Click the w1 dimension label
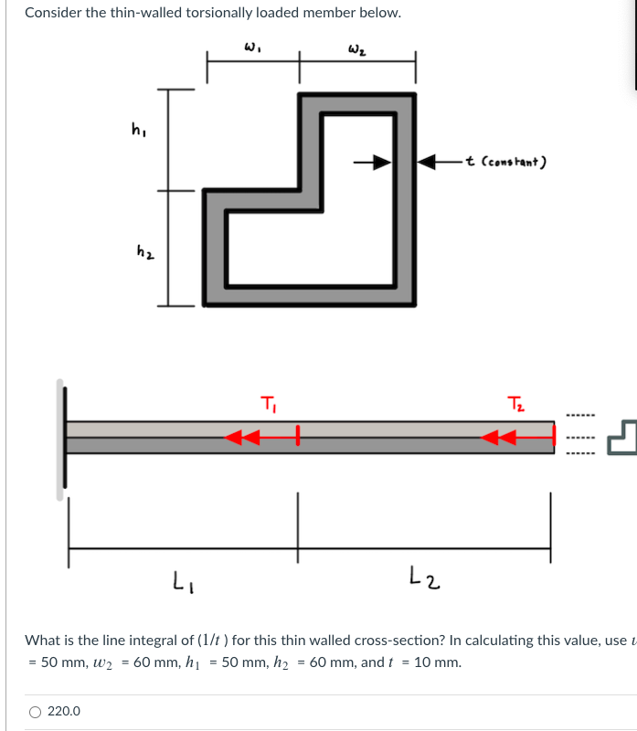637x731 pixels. click(x=249, y=46)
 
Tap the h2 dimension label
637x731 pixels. click(x=143, y=249)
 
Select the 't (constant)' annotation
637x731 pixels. click(x=505, y=163)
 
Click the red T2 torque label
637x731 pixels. click(x=515, y=403)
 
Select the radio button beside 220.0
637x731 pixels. click(x=35, y=711)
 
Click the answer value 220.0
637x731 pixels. click(x=64, y=711)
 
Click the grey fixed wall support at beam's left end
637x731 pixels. click(x=61, y=440)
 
